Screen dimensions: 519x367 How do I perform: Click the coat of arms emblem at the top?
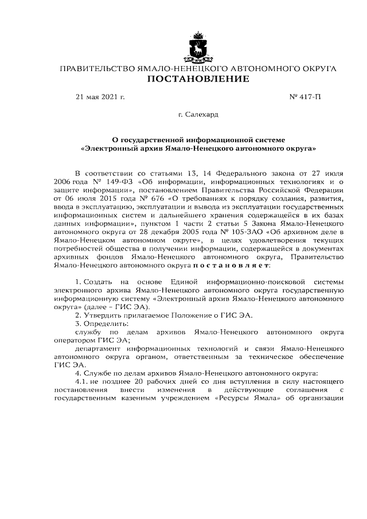(198, 48)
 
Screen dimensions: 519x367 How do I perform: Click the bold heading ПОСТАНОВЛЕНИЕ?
(198, 79)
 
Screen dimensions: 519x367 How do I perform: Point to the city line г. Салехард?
(198, 115)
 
